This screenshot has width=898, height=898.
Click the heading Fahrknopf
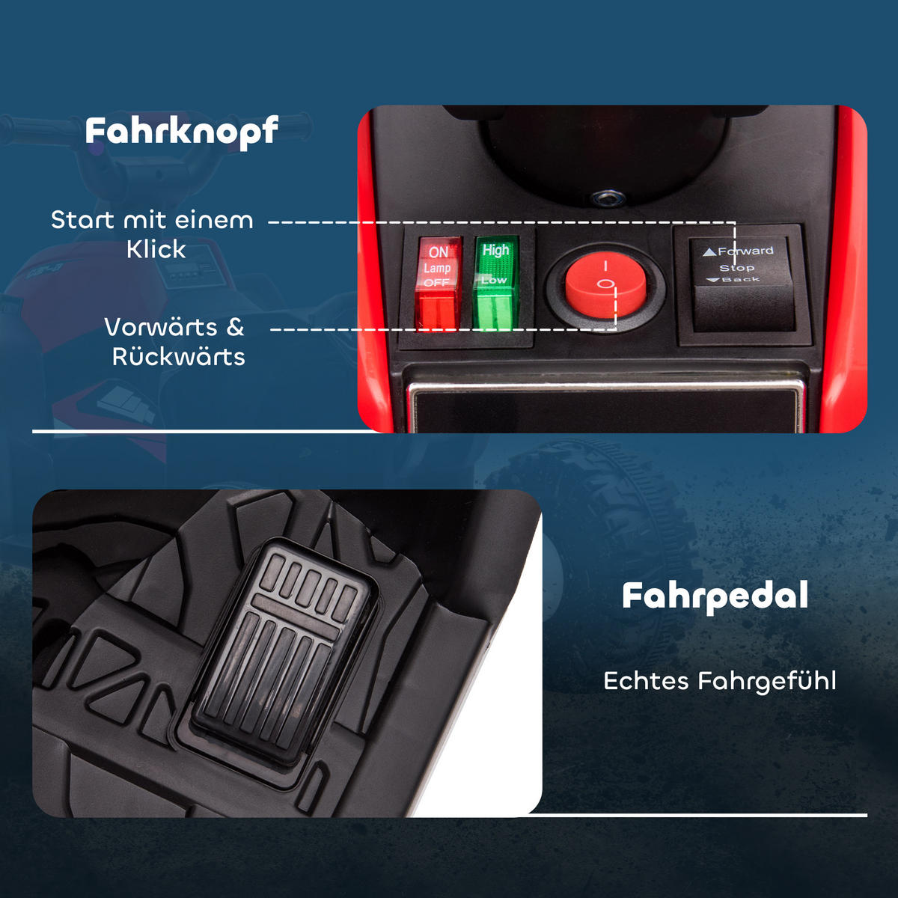click(x=182, y=132)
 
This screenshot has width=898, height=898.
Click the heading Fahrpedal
click(x=715, y=597)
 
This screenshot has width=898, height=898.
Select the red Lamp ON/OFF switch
click(x=438, y=283)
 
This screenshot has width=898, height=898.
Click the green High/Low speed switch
click(x=496, y=283)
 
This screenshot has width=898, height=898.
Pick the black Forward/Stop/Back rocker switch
click(x=742, y=284)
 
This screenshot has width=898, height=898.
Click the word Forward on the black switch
click(x=745, y=251)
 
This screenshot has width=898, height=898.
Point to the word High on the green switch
click(x=496, y=250)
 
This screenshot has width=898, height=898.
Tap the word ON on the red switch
click(x=439, y=252)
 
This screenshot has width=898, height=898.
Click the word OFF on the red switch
click(x=436, y=282)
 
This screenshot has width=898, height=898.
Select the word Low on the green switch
click(x=494, y=280)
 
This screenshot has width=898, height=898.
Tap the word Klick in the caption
click(x=156, y=249)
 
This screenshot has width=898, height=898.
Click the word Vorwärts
click(x=161, y=327)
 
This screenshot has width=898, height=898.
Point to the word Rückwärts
click(x=179, y=357)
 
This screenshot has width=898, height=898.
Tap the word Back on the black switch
click(x=741, y=280)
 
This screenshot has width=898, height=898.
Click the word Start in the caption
click(x=82, y=219)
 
